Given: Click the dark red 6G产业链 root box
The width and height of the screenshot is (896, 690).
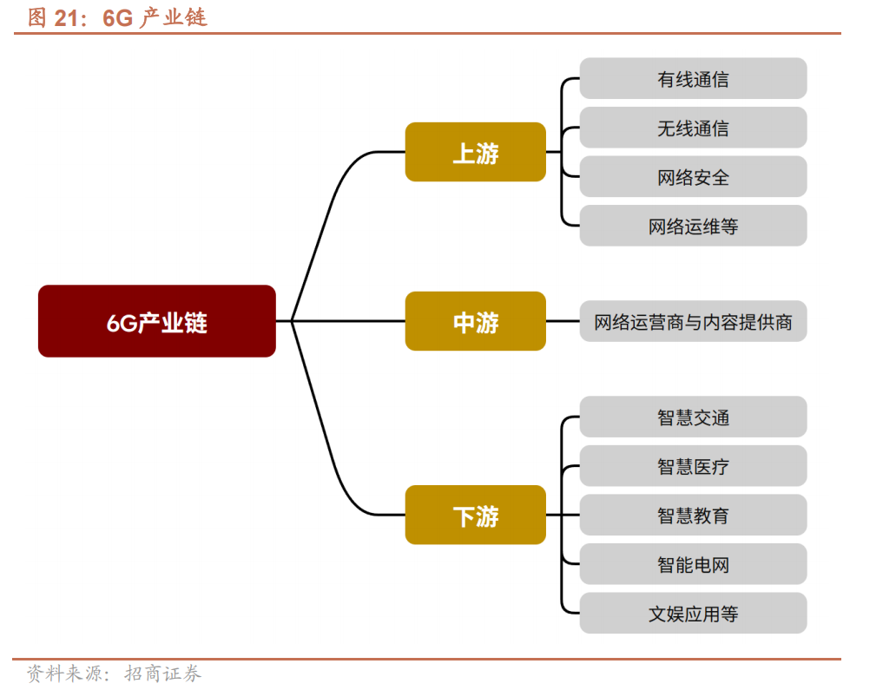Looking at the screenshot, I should (x=156, y=321).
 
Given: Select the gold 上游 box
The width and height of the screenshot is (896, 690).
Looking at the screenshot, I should (x=475, y=152).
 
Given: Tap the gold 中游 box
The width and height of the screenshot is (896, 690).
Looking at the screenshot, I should (x=475, y=321).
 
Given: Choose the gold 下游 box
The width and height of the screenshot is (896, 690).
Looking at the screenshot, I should (x=475, y=515).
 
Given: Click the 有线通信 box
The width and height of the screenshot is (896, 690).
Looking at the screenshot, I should (x=693, y=79).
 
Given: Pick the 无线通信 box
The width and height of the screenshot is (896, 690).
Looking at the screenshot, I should (x=693, y=128).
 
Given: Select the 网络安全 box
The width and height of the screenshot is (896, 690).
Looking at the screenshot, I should (x=693, y=177).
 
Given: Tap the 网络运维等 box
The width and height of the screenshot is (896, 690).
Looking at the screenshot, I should (x=693, y=226).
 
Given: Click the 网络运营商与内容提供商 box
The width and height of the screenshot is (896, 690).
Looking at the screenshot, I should (x=693, y=321).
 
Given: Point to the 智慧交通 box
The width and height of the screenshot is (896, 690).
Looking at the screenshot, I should (x=693, y=417).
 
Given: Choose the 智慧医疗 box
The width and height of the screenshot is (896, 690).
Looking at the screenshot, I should (x=693, y=466).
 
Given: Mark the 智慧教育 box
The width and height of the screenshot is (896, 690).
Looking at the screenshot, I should (x=693, y=516).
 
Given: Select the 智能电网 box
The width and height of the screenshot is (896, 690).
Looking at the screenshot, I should (x=693, y=564).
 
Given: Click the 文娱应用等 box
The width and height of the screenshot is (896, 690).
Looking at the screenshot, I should (x=693, y=614).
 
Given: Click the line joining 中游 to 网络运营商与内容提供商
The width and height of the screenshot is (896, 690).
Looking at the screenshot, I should (x=563, y=321).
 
